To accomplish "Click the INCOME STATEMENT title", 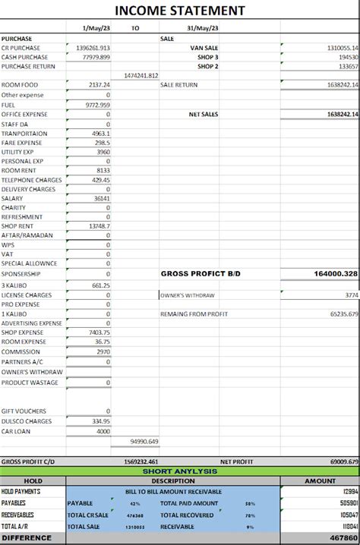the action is click(180, 10).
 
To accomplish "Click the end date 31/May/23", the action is click(203, 28).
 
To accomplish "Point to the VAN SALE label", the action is click(204, 47).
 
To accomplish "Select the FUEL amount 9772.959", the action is click(98, 105).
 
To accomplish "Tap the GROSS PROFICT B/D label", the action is click(201, 273).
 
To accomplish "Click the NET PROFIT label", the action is click(236, 461).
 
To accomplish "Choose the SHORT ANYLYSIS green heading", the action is click(180, 471).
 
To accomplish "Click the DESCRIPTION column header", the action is click(172, 480).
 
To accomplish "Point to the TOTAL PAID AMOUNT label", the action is click(189, 502).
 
